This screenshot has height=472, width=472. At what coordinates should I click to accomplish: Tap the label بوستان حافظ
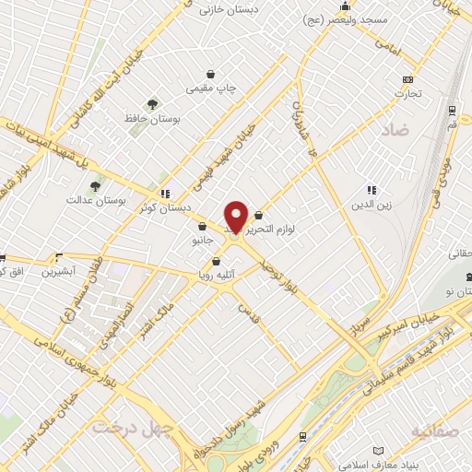(x=150, y=119)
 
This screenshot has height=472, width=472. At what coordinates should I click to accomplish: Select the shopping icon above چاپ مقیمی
(x=211, y=74)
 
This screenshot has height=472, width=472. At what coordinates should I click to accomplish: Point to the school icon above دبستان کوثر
(x=165, y=194)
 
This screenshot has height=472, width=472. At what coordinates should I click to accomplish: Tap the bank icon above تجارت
(x=407, y=79)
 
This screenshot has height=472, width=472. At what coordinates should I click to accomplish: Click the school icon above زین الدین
(x=372, y=190)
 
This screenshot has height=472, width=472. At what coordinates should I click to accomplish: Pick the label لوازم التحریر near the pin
(x=291, y=226)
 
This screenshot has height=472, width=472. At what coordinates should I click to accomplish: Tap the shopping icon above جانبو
(x=201, y=226)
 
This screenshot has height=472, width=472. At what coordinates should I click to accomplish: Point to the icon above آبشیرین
(x=60, y=258)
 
